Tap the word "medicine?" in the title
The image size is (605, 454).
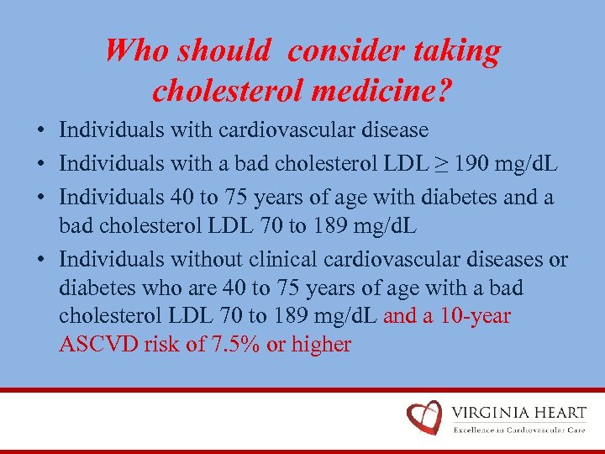pyautogui.click(x=392, y=87)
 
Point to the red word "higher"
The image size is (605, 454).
pyautogui.click(x=321, y=344)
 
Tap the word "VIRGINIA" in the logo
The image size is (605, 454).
pyautogui.click(x=491, y=413)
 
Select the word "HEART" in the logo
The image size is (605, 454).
pyautogui.click(x=560, y=413)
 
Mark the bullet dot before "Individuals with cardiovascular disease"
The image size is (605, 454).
pyautogui.click(x=40, y=131)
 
